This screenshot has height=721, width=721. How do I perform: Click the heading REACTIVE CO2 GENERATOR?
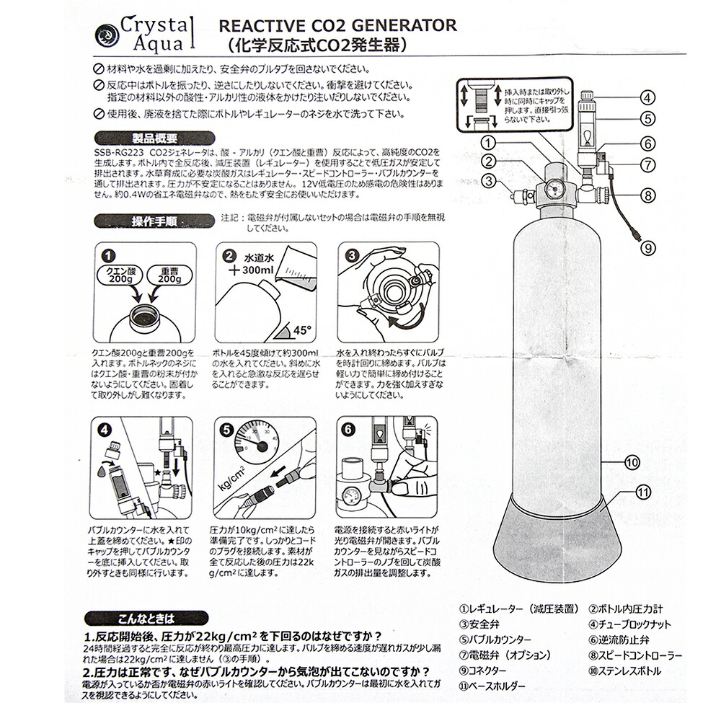tap(337, 25)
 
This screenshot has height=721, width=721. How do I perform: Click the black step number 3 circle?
tap(352, 256)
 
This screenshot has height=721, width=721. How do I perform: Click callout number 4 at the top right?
tap(647, 98)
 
